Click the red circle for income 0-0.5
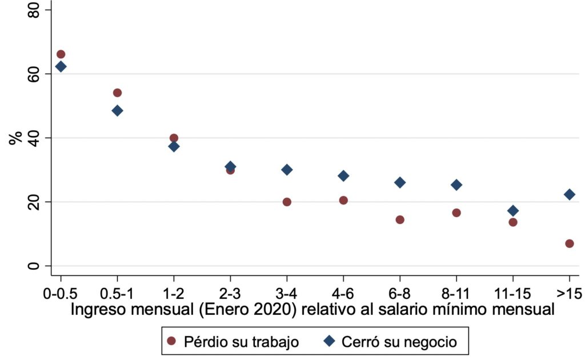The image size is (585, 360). coord(61,54)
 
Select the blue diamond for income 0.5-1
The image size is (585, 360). coord(117,110)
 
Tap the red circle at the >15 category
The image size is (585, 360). coord(569,243)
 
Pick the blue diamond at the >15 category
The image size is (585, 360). coord(569,194)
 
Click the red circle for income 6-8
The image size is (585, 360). coord(400,219)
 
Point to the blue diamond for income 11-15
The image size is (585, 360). coord(512,211)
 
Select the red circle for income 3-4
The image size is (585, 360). coord(287,202)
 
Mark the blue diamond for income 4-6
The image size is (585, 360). coord(343,176)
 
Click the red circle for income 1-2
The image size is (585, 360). coord(174,138)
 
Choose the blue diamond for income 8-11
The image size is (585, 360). coord(456,185)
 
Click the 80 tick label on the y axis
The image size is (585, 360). coord(33,10)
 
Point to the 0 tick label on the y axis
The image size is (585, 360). coord(33,266)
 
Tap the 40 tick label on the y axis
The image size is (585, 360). coord(33,138)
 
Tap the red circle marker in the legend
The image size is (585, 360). coord(171,342)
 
